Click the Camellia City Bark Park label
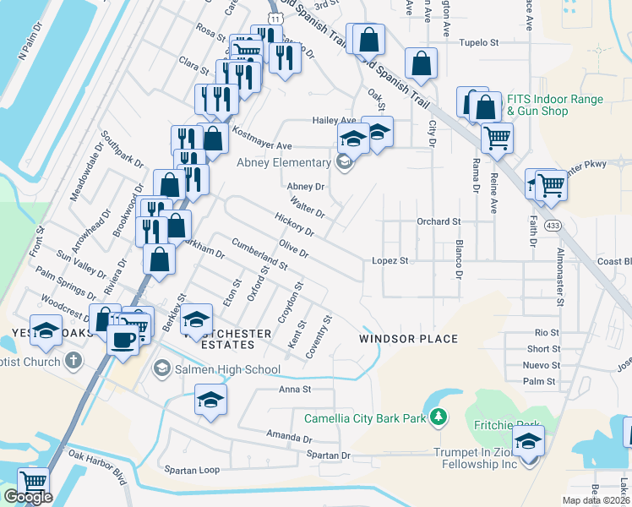click(x=366, y=418)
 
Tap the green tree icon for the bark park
click(x=438, y=417)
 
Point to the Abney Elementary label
click(x=283, y=163)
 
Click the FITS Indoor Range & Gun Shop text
click(x=554, y=106)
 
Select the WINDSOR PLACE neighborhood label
click(x=408, y=339)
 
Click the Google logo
click(x=28, y=497)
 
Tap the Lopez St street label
click(x=390, y=261)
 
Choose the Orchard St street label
click(x=439, y=221)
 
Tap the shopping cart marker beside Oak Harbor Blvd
click(x=34, y=482)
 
